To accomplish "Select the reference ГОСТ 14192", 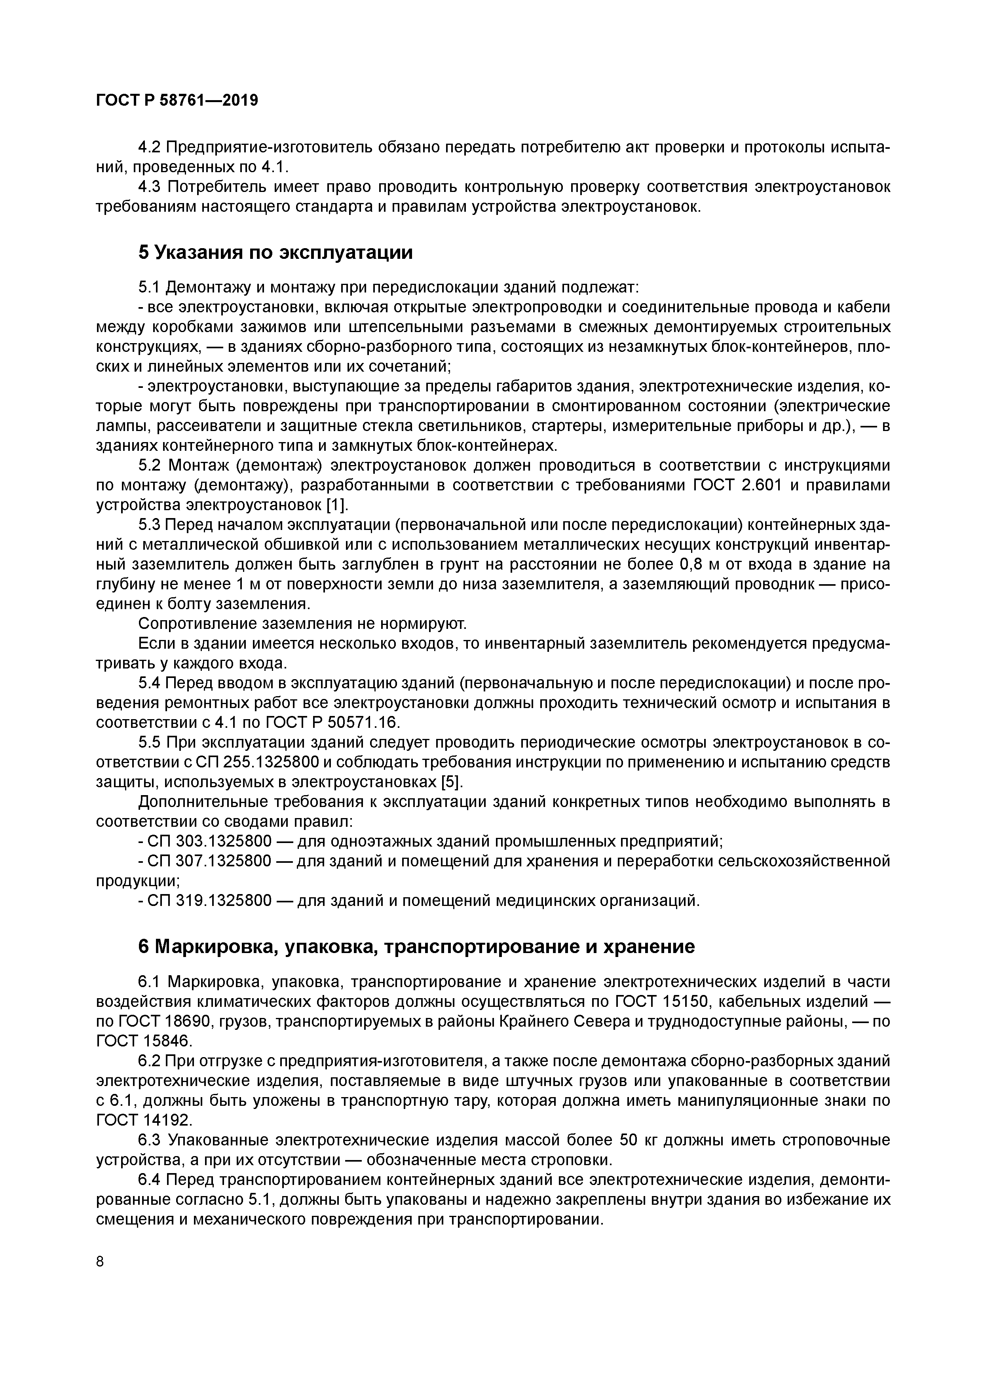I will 143,1120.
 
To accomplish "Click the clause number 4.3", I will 150,187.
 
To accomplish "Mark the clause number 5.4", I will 150,683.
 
